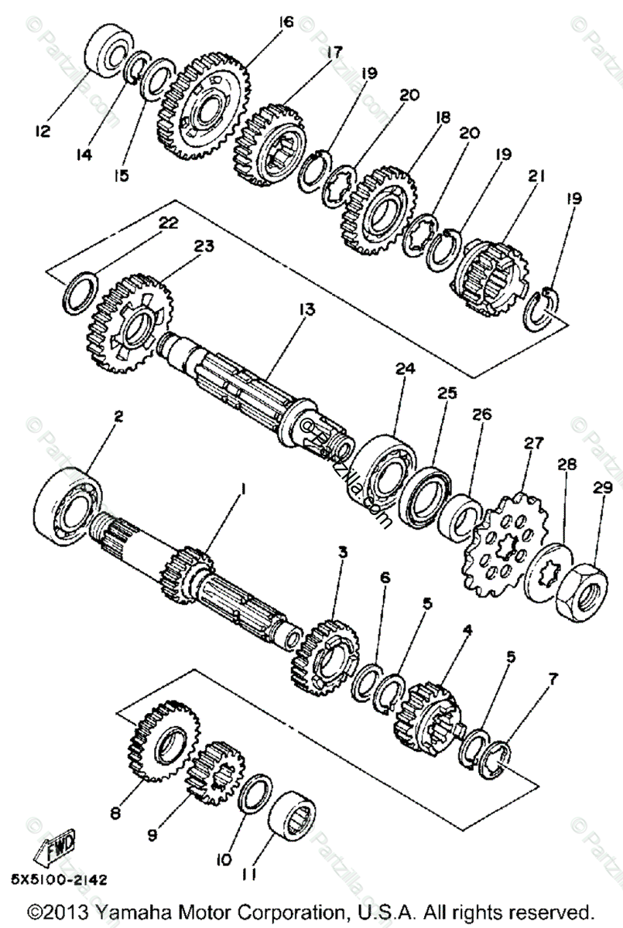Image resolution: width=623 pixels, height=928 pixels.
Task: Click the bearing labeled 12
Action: [x=108, y=51]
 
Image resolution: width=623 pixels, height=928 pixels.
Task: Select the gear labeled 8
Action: [x=164, y=741]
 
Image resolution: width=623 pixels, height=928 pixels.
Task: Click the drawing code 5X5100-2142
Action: [x=59, y=879]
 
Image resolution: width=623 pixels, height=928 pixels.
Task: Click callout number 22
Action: [x=168, y=223]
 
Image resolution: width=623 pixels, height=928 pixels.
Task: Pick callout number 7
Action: [x=552, y=681]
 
